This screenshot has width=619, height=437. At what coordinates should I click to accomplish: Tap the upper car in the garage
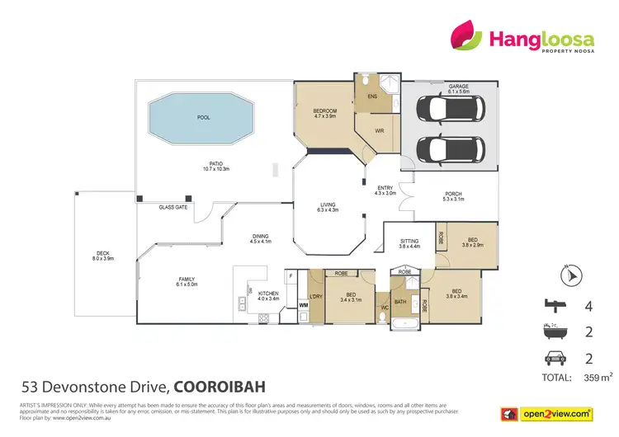[x=447, y=110]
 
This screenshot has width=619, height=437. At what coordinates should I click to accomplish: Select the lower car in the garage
[x=447, y=149]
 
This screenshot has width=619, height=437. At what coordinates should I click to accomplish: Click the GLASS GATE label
[x=173, y=208]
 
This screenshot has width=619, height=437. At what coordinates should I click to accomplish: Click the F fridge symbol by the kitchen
[x=291, y=275]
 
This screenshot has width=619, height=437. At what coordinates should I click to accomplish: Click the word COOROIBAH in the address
[x=220, y=386]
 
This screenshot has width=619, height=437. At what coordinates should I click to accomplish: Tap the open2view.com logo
[x=555, y=413]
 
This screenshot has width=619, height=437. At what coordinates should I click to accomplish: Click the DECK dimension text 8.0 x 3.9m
[x=103, y=259]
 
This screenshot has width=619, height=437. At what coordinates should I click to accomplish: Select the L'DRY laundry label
[x=314, y=296]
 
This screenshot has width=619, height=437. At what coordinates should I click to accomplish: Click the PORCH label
[x=451, y=194]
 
